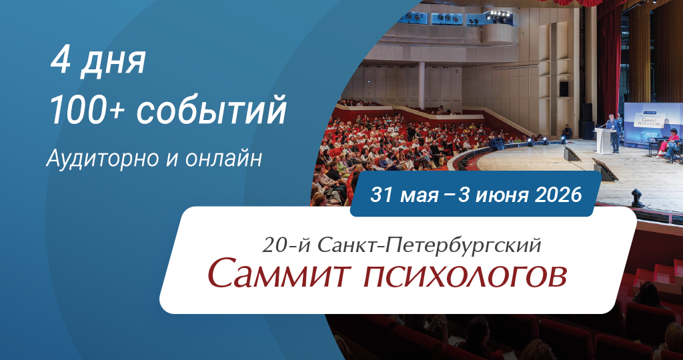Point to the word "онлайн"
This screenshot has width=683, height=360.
(x=223, y=159)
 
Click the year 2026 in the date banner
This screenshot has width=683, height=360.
(x=558, y=194)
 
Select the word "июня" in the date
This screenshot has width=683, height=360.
(x=501, y=195)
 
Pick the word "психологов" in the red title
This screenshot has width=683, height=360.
(x=465, y=276)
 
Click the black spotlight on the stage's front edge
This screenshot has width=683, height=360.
(x=636, y=197)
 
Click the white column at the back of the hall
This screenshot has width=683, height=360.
(x=422, y=85)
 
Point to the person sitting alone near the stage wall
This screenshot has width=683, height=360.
(x=567, y=132)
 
